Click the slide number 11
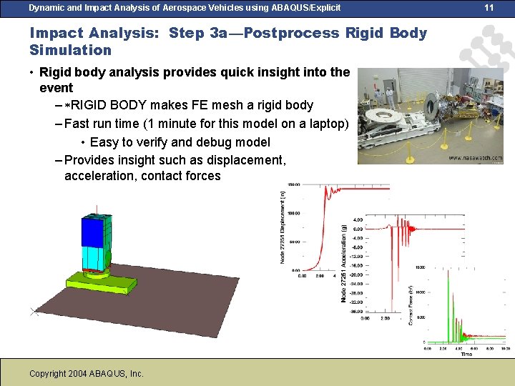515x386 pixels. coord(489,7)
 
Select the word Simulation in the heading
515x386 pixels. coord(70,50)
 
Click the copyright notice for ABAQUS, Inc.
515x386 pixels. coord(87,373)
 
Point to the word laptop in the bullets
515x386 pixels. coord(321,124)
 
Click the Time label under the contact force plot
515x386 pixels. coord(466,354)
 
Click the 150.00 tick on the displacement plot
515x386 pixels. coord(293,184)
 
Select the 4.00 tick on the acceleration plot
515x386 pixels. coord(357,219)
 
